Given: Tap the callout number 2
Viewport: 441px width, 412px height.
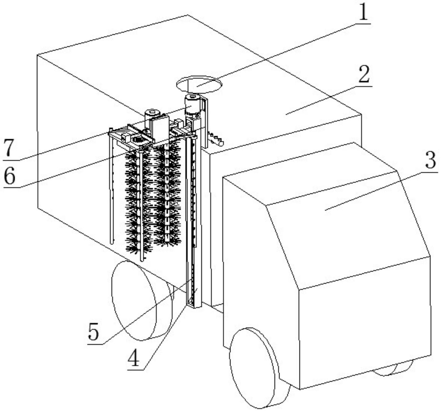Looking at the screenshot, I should point(364,74).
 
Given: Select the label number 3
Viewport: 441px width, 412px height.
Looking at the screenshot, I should point(430,160).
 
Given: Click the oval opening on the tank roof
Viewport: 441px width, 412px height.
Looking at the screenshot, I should point(199,84).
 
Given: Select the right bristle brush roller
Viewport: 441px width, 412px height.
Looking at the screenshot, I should point(166,195).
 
